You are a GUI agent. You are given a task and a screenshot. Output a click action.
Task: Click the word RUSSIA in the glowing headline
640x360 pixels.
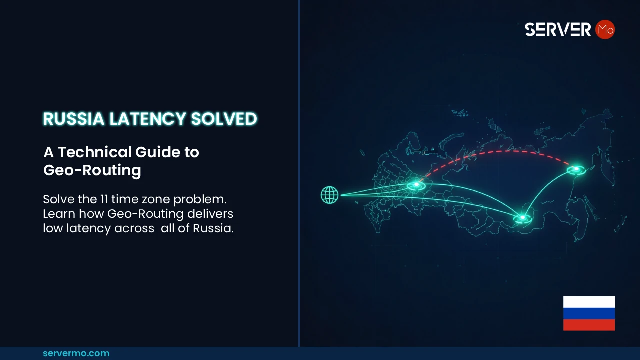[x=74, y=119]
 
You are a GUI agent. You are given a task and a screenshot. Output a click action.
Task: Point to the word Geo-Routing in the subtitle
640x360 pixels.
[x=92, y=170]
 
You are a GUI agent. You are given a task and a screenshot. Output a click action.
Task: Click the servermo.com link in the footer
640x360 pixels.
[x=76, y=353]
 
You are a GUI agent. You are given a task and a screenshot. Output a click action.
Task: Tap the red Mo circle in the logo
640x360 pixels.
[x=605, y=30]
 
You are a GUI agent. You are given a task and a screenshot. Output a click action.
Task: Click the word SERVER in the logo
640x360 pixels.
[x=558, y=30]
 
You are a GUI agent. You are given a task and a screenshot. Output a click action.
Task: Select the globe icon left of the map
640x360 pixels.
[x=330, y=195]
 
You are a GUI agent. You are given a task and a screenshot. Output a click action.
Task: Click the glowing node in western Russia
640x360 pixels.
[x=416, y=185]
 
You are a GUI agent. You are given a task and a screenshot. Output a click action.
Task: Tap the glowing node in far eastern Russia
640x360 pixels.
[x=576, y=170]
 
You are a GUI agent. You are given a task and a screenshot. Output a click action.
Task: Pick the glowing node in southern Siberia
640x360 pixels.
[x=522, y=218]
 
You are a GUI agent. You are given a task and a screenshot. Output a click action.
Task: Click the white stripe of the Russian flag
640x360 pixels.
[x=589, y=302]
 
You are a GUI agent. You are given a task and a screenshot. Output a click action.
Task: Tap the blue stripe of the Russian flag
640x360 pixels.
[x=589, y=313]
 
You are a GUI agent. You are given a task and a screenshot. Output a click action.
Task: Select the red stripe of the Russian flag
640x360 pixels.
[x=589, y=325]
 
